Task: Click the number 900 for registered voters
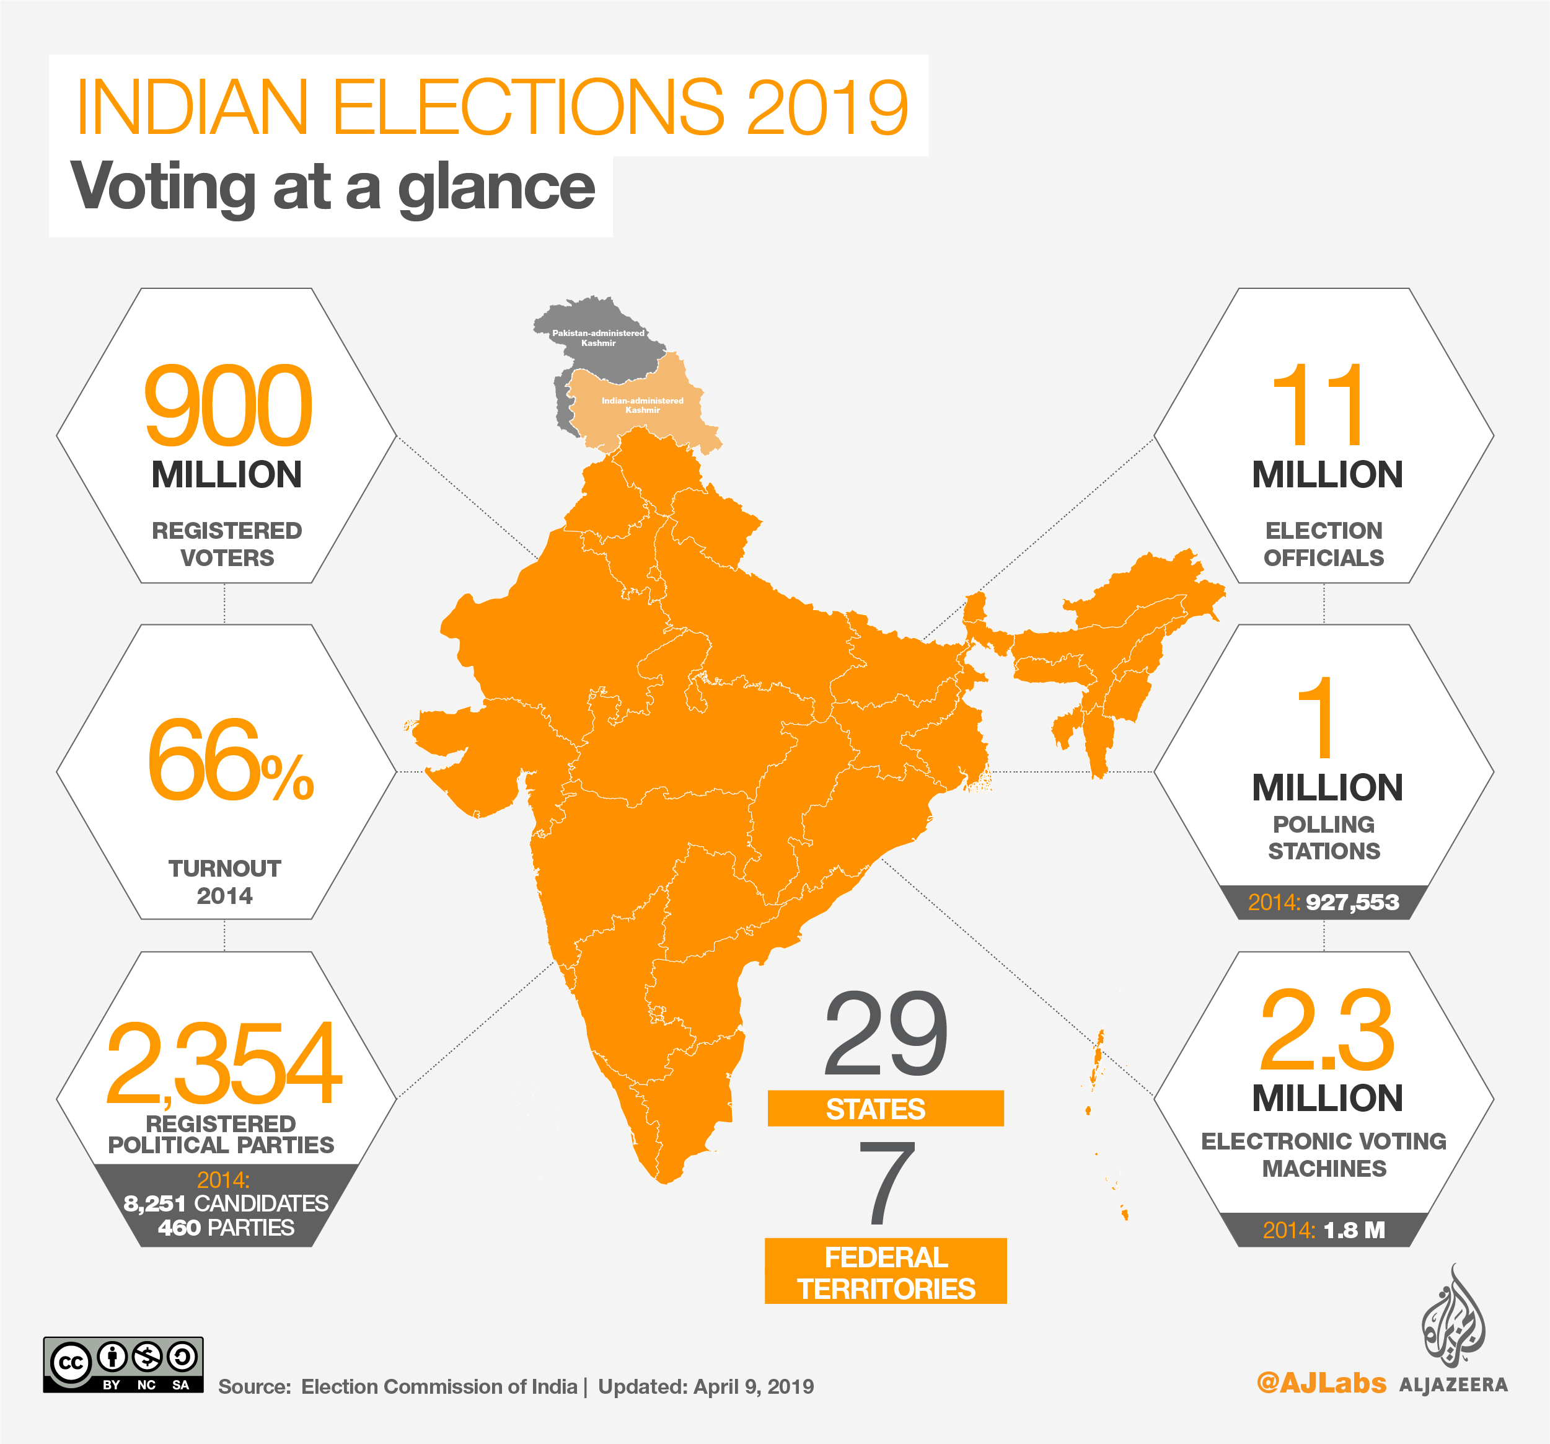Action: click(227, 407)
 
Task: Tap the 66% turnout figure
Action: click(230, 761)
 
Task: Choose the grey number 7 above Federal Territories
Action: click(886, 1182)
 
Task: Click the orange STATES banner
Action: click(885, 1109)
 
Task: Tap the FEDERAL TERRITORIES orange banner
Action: click(886, 1272)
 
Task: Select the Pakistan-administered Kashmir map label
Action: click(598, 338)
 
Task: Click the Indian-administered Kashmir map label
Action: click(643, 405)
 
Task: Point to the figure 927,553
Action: click(1352, 903)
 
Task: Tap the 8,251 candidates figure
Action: click(154, 1203)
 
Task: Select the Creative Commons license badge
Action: click(123, 1365)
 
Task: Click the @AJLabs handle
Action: click(1321, 1383)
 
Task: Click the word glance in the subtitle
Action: click(496, 188)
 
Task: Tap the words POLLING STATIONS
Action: click(1324, 837)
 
